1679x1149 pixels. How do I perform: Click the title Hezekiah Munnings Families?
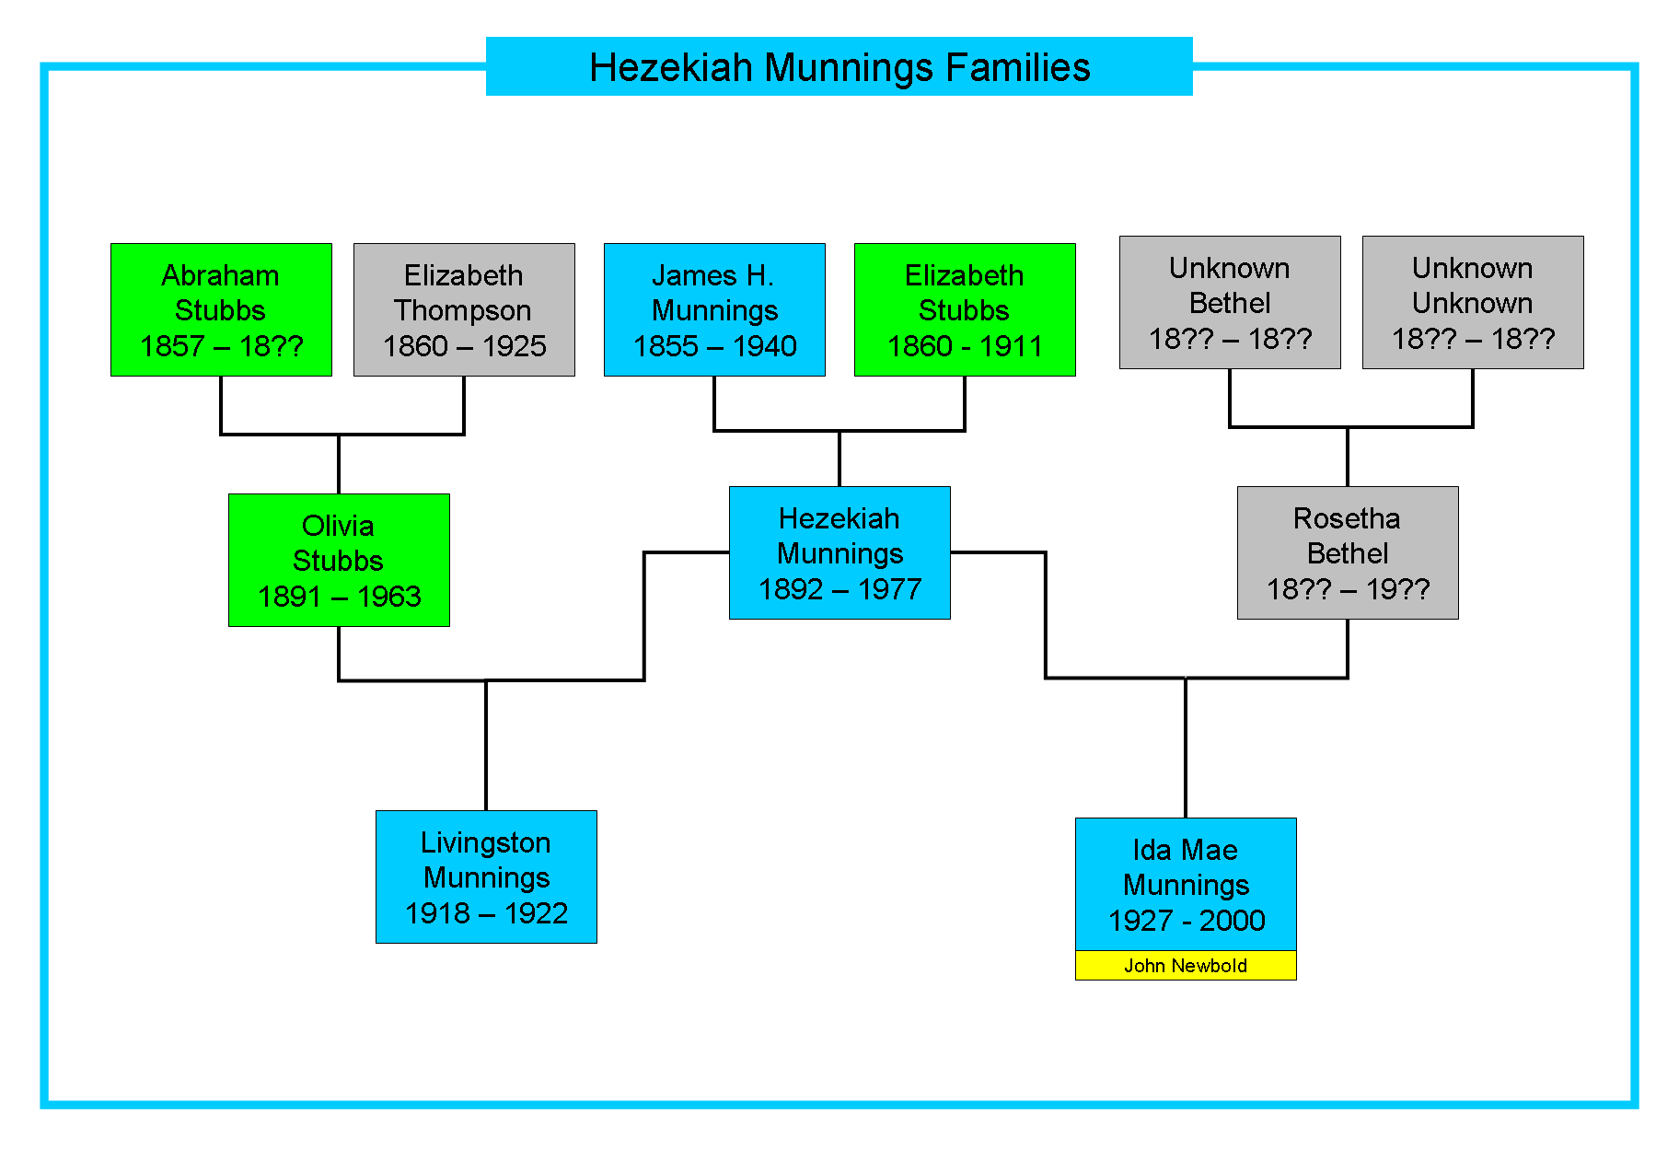click(x=839, y=67)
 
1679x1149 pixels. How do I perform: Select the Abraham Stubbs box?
click(x=221, y=309)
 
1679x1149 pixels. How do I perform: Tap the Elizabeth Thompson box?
click(x=464, y=309)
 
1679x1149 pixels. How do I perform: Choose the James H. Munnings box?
click(x=714, y=309)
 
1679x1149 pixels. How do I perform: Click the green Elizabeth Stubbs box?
click(x=965, y=309)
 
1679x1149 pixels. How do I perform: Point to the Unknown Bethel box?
click(x=1230, y=302)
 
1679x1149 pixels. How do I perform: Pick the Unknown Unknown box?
click(x=1473, y=302)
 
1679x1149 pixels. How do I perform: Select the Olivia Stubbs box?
click(x=339, y=560)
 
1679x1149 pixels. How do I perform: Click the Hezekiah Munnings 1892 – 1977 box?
click(x=839, y=552)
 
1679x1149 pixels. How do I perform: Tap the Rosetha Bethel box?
click(x=1348, y=552)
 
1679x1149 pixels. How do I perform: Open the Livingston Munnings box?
click(x=486, y=876)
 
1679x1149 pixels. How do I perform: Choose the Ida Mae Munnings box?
click(x=1186, y=884)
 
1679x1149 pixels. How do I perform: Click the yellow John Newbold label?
click(x=1186, y=965)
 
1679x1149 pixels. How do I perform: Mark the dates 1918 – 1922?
click(x=486, y=913)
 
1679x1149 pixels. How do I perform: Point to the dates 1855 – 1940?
click(x=714, y=346)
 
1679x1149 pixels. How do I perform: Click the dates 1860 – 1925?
click(x=464, y=346)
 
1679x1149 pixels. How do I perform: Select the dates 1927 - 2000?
click(x=1187, y=921)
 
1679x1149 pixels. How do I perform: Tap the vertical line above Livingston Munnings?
click(x=486, y=746)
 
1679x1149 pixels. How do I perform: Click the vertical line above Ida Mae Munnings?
click(x=1186, y=748)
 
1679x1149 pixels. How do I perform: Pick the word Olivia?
click(x=338, y=526)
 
